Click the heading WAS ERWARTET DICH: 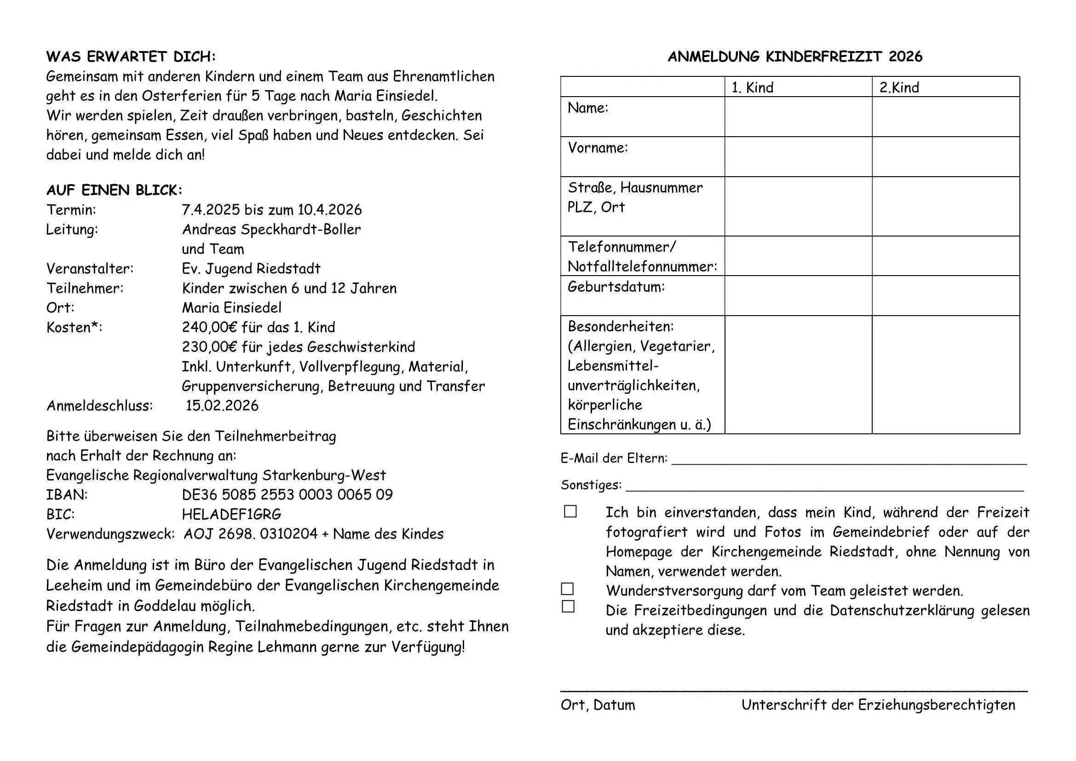coord(131,57)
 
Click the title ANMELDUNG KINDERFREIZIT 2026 coord(795,57)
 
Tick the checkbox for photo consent coord(570,511)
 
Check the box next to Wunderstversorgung coord(568,589)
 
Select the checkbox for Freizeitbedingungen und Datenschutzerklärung coord(568,606)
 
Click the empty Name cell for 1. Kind coord(798,117)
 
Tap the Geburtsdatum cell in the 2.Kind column coord(946,296)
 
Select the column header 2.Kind coord(899,87)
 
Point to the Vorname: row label coord(598,148)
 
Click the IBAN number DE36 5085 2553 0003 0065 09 coord(287,495)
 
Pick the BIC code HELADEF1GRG coord(231,514)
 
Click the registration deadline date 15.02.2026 coord(222,406)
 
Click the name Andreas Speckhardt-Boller coord(271,230)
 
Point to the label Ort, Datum coord(598,705)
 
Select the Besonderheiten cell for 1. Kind coord(798,375)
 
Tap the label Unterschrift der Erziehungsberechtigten coord(878,705)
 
